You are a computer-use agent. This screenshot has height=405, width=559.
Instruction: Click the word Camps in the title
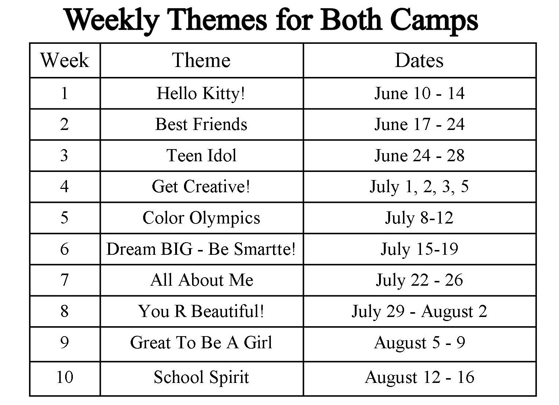[x=434, y=21]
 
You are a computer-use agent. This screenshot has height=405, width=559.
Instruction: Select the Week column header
[x=65, y=60]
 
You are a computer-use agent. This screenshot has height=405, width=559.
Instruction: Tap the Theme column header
[x=201, y=60]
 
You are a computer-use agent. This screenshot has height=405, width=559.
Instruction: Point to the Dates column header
[x=419, y=60]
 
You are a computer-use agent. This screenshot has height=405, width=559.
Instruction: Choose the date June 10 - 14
[x=419, y=94]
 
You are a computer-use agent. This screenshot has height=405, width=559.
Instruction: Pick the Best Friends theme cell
[x=201, y=124]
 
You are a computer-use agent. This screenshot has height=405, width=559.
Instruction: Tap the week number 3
[x=64, y=155]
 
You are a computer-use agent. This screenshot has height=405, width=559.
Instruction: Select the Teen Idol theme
[x=201, y=155]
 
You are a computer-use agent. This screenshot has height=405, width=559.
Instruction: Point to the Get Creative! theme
[x=201, y=187]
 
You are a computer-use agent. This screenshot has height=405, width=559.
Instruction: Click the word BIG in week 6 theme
[x=177, y=249]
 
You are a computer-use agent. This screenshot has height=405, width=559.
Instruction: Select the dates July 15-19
[x=419, y=249]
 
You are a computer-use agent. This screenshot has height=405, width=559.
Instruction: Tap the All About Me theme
[x=202, y=280]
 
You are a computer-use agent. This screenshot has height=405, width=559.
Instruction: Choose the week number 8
[x=64, y=311]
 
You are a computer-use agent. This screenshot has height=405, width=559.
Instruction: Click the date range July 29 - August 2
[x=419, y=311]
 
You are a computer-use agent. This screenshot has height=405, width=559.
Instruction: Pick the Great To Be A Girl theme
[x=201, y=342]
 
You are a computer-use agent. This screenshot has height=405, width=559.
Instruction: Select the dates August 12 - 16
[x=419, y=377]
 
